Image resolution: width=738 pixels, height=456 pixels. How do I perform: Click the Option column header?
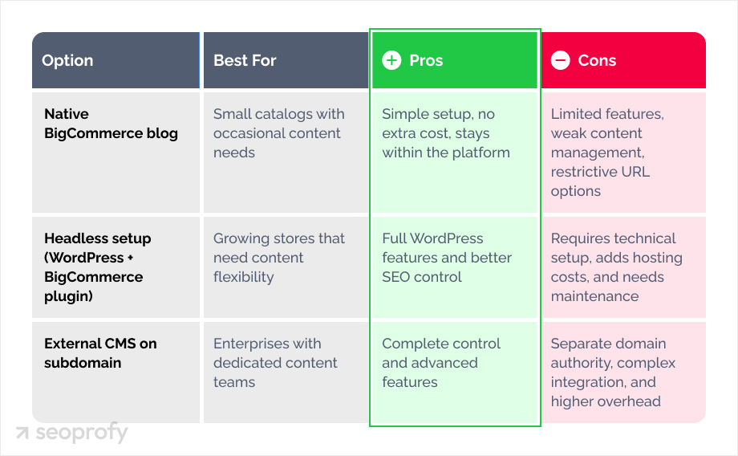(67, 61)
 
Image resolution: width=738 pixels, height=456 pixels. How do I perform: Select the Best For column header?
(245, 61)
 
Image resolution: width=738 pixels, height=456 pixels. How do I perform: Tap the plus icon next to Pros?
(391, 61)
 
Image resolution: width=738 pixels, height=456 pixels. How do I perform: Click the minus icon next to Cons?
(561, 61)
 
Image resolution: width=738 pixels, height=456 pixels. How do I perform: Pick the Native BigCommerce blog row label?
(111, 124)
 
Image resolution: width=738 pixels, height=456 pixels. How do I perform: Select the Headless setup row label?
(97, 267)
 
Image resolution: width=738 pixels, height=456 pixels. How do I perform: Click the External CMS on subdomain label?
(100, 353)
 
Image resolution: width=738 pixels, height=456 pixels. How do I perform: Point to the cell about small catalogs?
(278, 133)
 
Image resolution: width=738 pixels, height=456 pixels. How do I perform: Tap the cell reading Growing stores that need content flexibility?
(278, 258)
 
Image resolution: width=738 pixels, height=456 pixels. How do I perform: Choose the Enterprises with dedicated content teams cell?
(275, 363)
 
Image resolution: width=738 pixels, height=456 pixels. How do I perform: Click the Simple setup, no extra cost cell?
(445, 133)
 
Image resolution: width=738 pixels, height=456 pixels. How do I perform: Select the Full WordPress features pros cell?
(447, 258)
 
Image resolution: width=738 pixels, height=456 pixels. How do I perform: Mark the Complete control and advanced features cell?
(441, 363)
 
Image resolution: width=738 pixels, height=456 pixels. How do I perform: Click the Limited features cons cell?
(607, 153)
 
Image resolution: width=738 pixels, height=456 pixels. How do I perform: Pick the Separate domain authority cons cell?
(613, 373)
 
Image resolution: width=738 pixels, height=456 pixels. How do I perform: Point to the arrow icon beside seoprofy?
(22, 434)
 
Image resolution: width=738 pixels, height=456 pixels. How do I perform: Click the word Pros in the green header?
(426, 61)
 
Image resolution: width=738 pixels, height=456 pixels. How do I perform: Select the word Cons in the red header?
(597, 61)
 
